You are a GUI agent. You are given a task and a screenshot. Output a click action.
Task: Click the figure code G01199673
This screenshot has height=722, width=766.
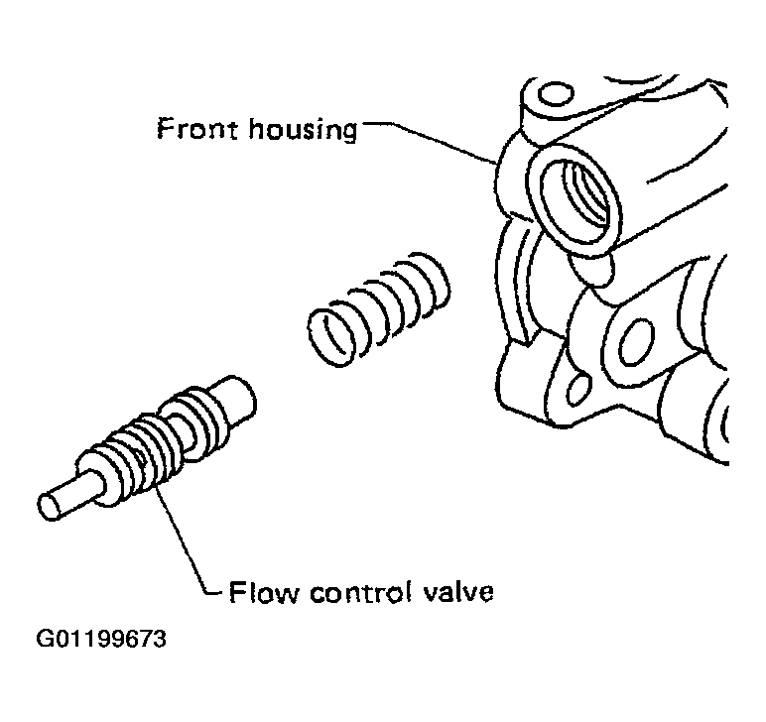[x=101, y=639]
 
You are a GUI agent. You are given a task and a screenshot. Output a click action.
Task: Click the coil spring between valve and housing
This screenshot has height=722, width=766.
[x=379, y=309]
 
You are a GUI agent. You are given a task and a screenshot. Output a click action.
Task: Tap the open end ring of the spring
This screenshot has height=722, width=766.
[x=331, y=337]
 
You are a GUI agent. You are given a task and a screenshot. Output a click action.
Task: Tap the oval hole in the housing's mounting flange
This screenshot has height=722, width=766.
[x=636, y=341]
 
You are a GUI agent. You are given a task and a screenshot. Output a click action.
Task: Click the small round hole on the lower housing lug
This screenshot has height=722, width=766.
[x=579, y=389]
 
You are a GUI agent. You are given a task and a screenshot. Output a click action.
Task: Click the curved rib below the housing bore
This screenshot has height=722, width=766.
[x=518, y=283]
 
